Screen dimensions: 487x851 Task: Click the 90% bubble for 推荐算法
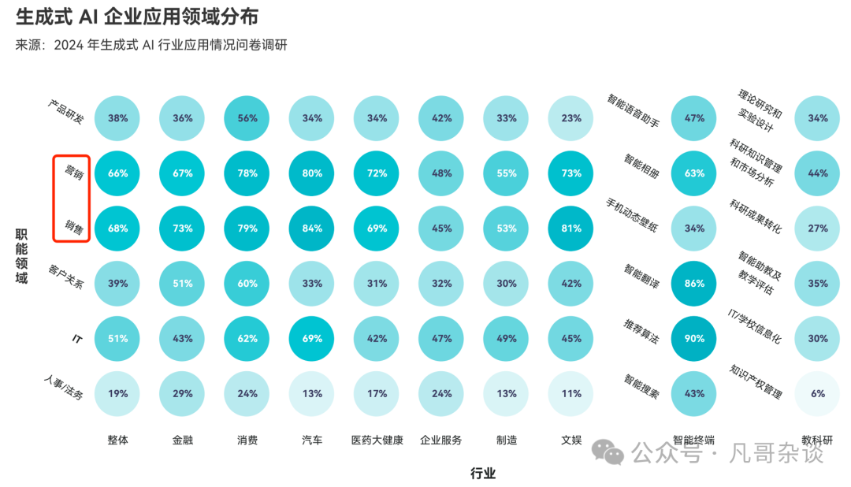tap(694, 338)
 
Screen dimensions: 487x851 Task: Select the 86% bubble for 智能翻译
tap(694, 283)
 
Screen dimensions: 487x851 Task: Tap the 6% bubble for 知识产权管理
tap(818, 393)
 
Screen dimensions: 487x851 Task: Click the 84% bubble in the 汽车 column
tap(312, 229)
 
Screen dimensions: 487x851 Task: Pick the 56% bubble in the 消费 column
tap(247, 118)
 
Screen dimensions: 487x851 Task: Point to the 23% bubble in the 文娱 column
tap(571, 118)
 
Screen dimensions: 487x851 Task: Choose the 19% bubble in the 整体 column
tap(117, 393)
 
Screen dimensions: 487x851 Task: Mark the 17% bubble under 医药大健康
tap(377, 393)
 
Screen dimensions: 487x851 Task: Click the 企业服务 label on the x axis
tap(441, 441)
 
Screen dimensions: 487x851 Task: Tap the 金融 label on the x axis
tap(183, 441)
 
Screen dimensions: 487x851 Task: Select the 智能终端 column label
tap(694, 440)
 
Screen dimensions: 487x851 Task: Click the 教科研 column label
tap(818, 440)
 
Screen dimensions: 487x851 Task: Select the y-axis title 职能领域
tap(21, 256)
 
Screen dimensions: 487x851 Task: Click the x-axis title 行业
tap(483, 474)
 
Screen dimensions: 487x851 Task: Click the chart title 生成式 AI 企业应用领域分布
tap(136, 17)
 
